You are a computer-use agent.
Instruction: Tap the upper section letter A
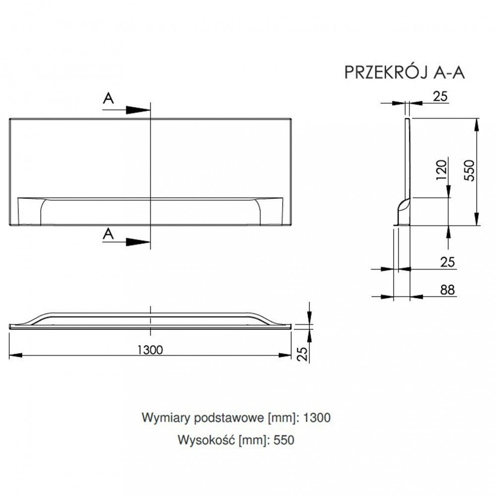pos(109,99)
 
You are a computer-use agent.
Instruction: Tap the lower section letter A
pos(109,234)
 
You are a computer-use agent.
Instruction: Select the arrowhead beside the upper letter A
pos(138,110)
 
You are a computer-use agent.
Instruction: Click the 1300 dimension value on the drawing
pos(149,350)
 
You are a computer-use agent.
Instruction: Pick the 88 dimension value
pos(447,290)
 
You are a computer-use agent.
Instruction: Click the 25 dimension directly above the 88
pos(447,261)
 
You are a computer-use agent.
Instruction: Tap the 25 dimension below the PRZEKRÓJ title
pos(440,97)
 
